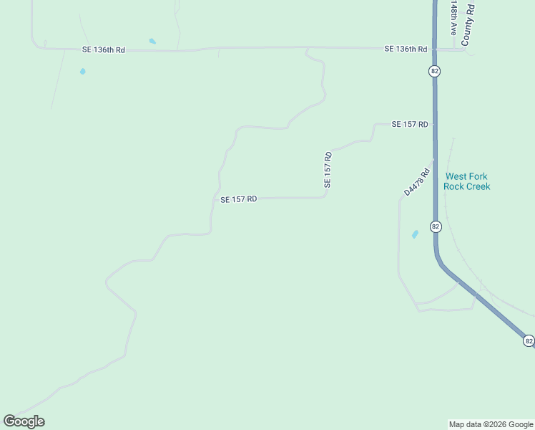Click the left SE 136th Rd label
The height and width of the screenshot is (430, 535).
(x=104, y=50)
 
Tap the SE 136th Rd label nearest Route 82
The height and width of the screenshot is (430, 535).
(x=406, y=49)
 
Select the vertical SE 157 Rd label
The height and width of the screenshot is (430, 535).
(x=328, y=170)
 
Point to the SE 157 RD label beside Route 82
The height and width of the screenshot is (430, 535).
(x=410, y=124)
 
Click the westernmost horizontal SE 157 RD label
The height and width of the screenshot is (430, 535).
(x=238, y=199)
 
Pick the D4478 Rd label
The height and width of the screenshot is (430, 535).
(x=416, y=182)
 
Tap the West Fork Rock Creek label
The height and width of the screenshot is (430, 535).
(x=467, y=181)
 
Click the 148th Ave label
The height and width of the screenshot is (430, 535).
(x=453, y=18)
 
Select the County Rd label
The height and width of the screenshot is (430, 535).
(x=469, y=24)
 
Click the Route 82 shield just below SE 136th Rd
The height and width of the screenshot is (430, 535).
(x=435, y=71)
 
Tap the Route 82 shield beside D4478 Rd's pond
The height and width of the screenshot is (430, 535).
(x=436, y=226)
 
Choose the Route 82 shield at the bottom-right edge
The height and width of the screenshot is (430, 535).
(x=529, y=340)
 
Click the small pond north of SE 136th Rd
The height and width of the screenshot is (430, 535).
(x=152, y=41)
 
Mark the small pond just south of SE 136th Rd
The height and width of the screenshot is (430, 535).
(x=83, y=72)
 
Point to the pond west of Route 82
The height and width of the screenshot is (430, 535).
(x=415, y=234)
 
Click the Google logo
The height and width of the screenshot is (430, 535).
(x=24, y=421)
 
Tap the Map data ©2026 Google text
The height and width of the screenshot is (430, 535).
(x=491, y=424)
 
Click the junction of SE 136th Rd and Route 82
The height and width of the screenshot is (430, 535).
(x=434, y=49)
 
